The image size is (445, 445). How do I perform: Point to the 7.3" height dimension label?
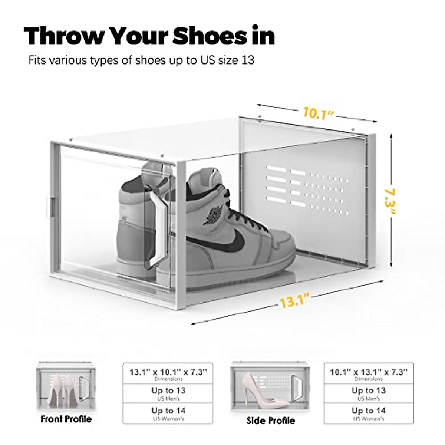tap(389, 202)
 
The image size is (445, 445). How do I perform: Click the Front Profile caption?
tap(66, 419)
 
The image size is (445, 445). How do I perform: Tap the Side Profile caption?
tap(271, 420)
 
